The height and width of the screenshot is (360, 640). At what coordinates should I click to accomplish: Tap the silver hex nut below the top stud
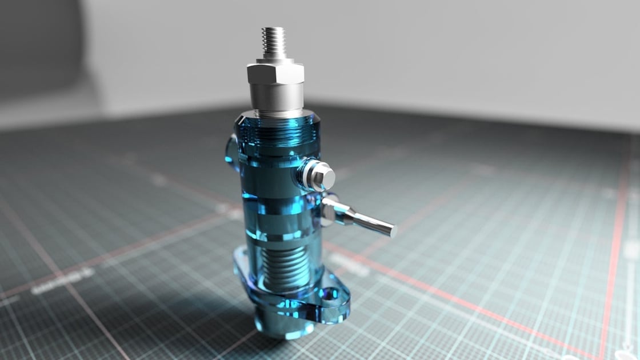(275, 74)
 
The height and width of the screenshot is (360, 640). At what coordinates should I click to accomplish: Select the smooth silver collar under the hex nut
(277, 99)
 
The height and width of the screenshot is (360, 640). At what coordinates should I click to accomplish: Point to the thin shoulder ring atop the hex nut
(276, 60)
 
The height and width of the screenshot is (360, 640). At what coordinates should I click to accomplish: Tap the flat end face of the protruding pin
(393, 231)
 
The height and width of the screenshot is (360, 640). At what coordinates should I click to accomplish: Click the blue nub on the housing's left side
(231, 152)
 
